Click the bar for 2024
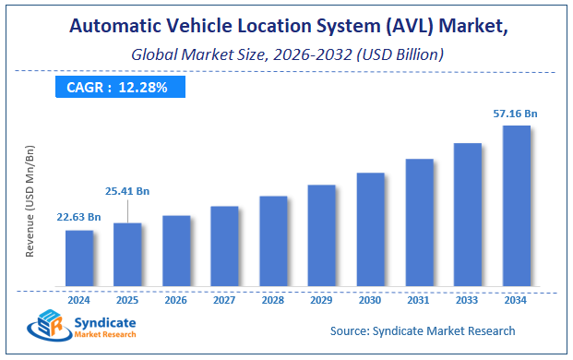tap(79, 258)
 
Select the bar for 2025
tap(127, 254)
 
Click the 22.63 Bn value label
tap(79, 218)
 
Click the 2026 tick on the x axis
tap(176, 300)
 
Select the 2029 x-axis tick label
tap(321, 300)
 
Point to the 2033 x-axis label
tap(467, 300)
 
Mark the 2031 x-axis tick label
tap(419, 300)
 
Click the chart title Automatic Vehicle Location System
tap(286, 28)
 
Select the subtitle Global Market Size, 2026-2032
tap(286, 54)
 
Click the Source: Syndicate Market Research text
tap(423, 330)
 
